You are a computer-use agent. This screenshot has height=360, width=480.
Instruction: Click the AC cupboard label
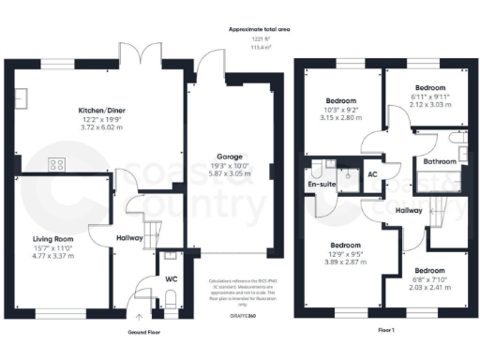[372, 174]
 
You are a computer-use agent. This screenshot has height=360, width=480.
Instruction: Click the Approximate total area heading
[261, 29]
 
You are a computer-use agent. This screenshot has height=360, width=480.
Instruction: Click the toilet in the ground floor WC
[170, 298]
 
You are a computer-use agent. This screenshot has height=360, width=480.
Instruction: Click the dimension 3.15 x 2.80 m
[340, 118]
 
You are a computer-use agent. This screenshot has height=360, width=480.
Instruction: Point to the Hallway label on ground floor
[128, 238]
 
